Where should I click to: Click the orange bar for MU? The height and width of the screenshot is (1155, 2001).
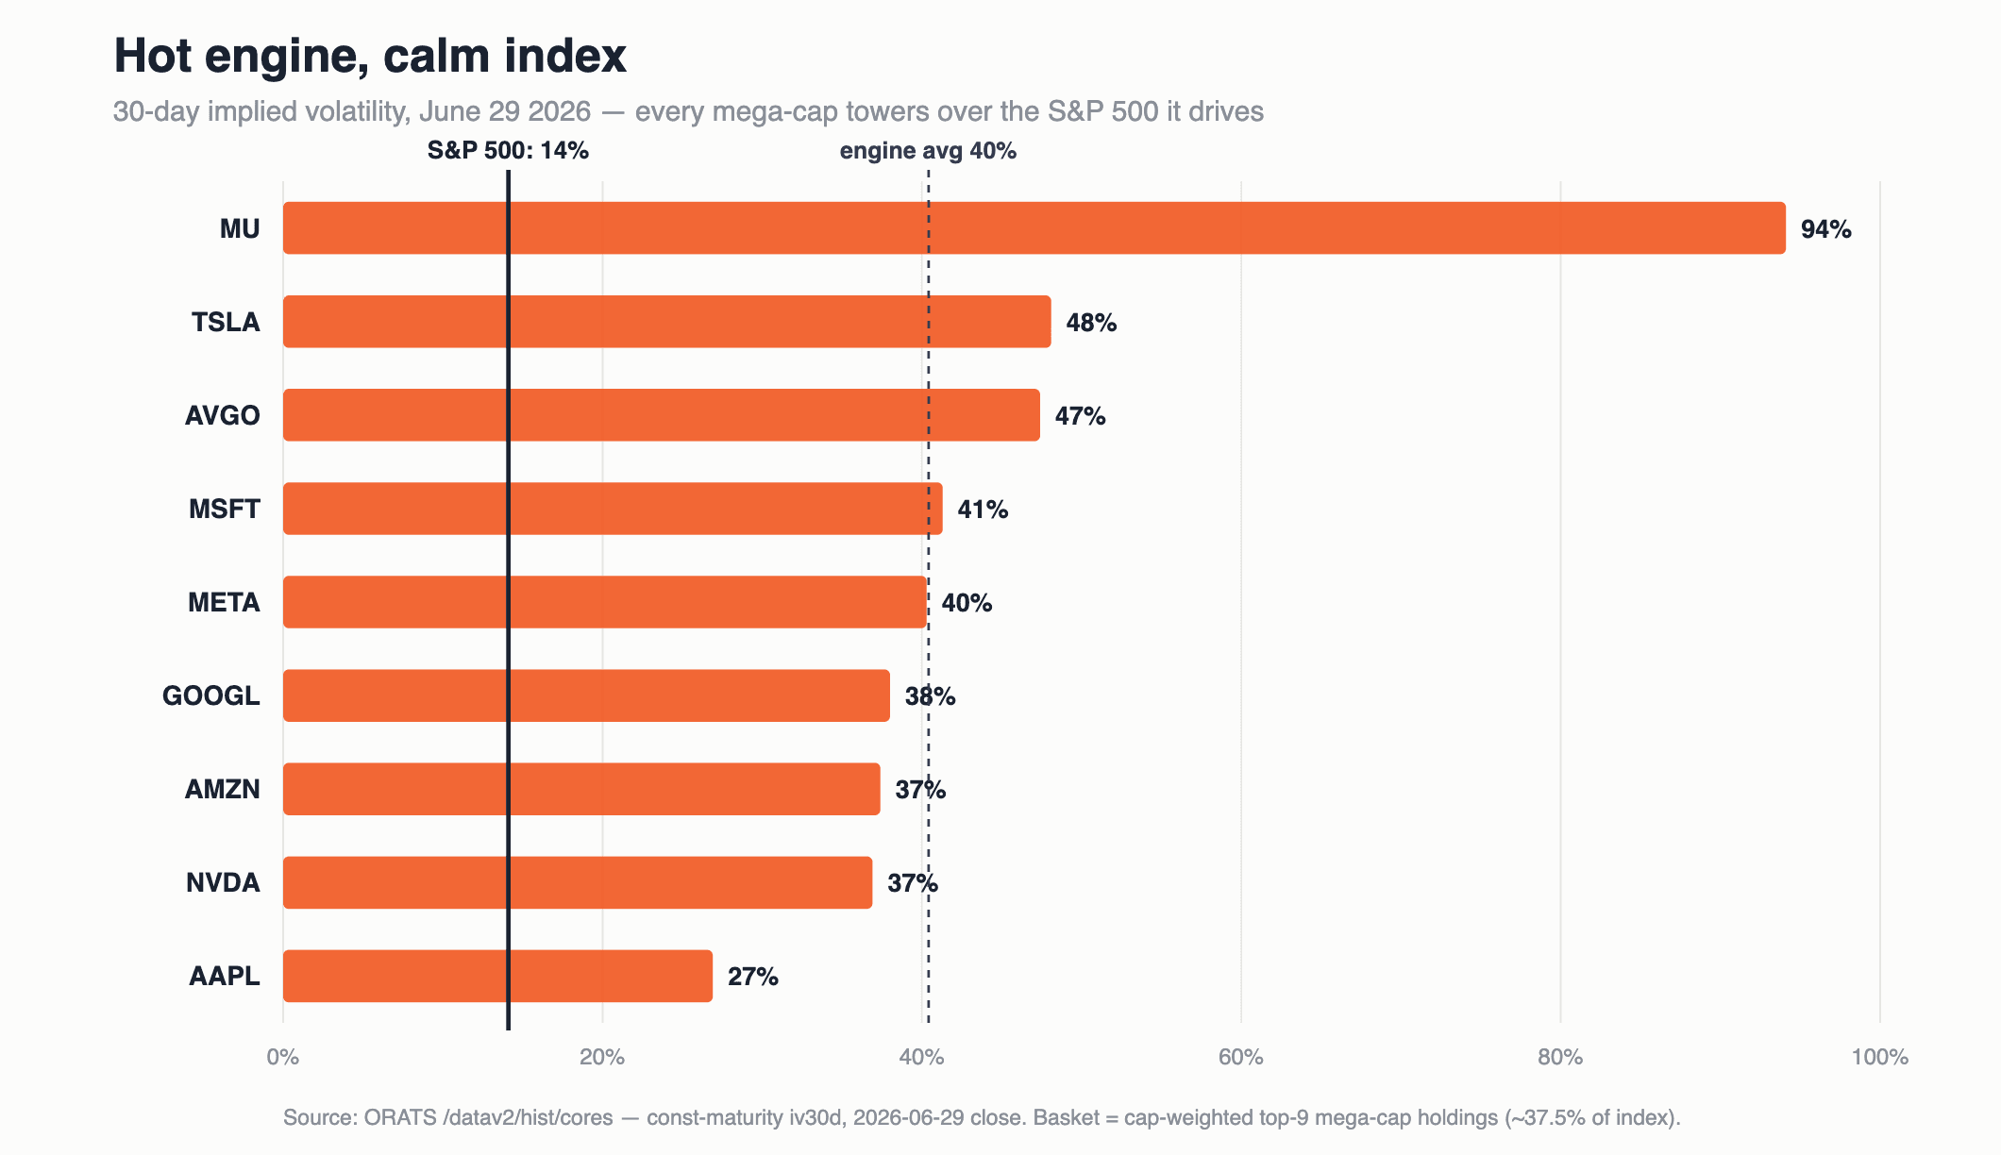(1034, 227)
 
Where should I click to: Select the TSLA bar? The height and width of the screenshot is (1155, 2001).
(666, 321)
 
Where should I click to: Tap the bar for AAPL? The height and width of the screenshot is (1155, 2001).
(497, 976)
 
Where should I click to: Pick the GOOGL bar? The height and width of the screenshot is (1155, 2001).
(586, 695)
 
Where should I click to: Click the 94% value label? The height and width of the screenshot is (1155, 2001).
(1825, 229)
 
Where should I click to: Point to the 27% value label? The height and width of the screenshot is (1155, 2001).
(752, 977)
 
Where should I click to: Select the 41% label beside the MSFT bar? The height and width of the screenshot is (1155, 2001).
(983, 510)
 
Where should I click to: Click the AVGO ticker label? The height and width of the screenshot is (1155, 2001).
(222, 415)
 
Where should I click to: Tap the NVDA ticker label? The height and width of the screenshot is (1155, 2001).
(223, 882)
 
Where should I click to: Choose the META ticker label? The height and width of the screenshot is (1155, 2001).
(224, 602)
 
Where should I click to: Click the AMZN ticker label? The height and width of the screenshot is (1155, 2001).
(222, 789)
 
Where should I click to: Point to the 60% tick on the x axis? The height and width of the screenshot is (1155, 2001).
(1240, 1057)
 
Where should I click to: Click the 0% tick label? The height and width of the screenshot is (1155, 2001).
(282, 1057)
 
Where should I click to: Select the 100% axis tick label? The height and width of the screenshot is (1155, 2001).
(1879, 1057)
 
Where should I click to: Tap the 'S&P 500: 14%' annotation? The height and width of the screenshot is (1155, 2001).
(508, 150)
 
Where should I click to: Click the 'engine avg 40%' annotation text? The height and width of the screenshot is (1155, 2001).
(928, 151)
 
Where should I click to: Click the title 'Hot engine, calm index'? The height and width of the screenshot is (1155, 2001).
(370, 56)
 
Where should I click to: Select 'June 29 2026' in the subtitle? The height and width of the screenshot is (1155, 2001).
(505, 111)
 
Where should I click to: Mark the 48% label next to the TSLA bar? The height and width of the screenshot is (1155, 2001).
(1091, 323)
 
